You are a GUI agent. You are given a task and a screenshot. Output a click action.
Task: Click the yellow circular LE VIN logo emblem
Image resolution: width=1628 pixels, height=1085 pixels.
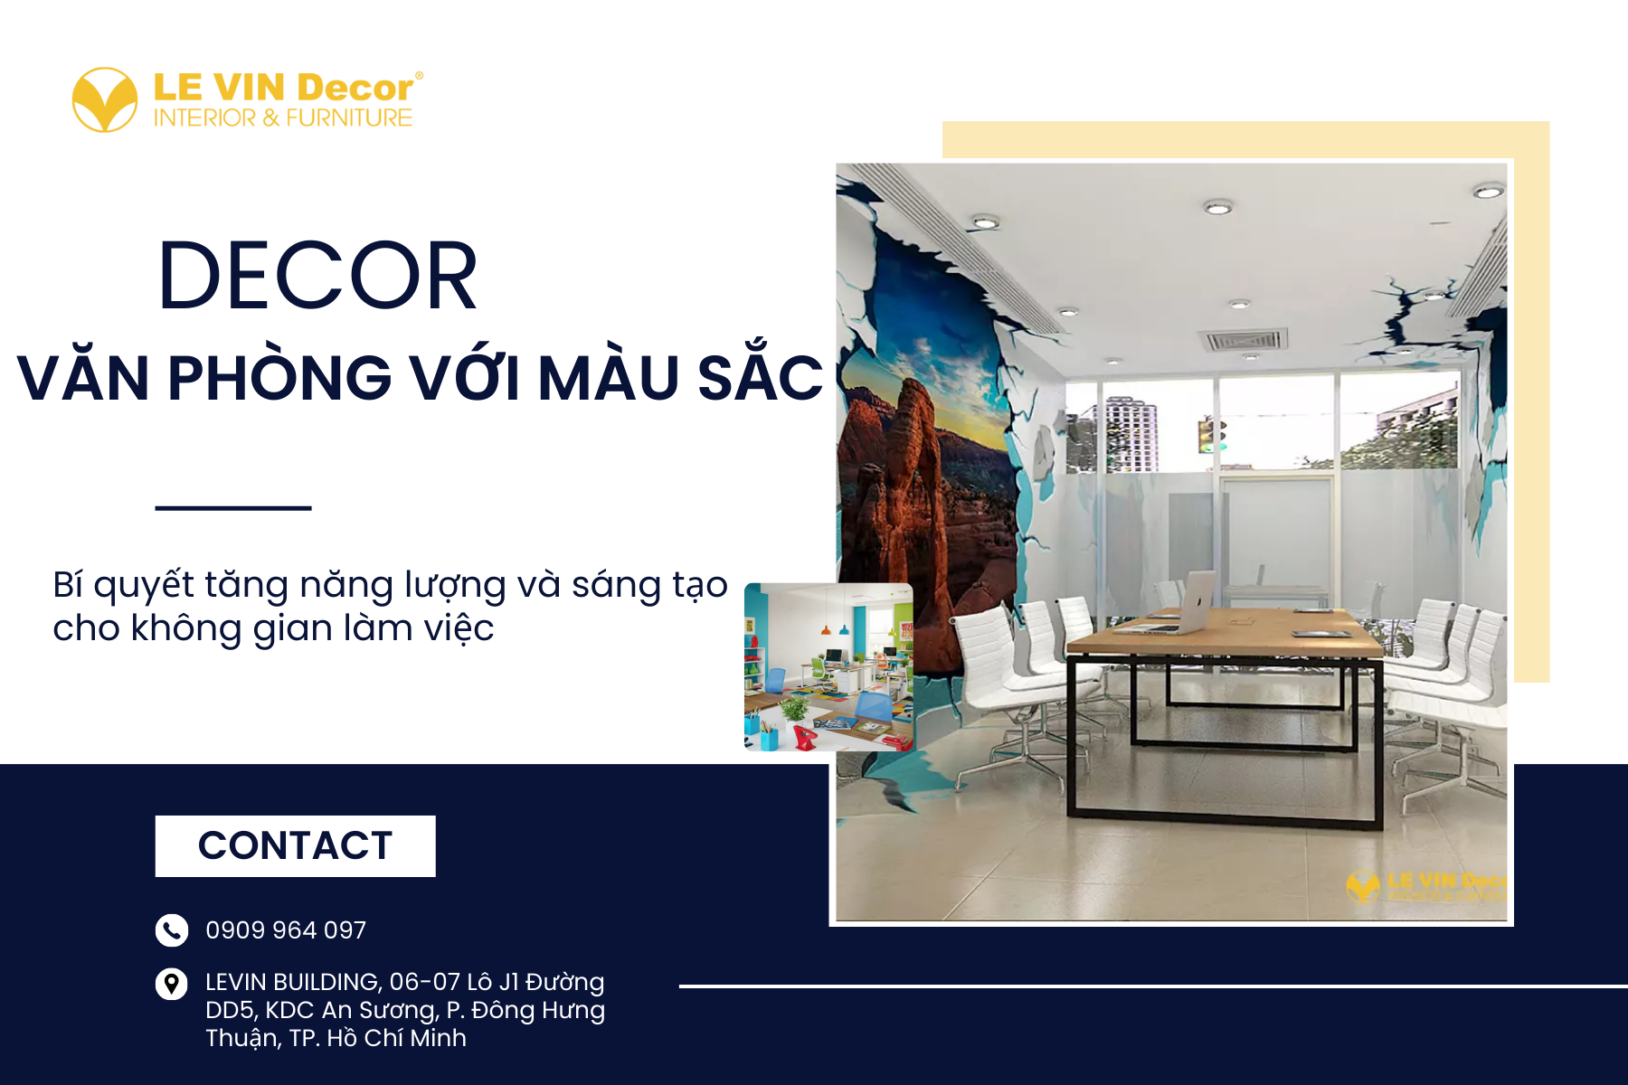[105, 99]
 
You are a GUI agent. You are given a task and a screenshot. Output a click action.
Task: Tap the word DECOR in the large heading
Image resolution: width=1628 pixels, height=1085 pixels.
[317, 277]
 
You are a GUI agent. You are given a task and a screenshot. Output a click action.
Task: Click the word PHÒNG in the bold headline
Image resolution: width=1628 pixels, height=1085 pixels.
[280, 378]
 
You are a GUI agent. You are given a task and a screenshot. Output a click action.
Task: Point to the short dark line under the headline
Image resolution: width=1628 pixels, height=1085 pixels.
[233, 508]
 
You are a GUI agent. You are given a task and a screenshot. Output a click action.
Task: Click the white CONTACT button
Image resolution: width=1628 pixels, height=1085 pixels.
[295, 845]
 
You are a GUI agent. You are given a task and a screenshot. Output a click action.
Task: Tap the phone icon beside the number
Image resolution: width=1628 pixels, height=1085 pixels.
[172, 929]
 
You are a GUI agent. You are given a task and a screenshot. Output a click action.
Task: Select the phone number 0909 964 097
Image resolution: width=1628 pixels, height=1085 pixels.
[286, 929]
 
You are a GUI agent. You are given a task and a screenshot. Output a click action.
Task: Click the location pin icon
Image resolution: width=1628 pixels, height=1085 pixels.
[172, 984]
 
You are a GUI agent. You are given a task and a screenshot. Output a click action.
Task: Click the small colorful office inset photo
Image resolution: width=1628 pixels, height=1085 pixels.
[828, 667]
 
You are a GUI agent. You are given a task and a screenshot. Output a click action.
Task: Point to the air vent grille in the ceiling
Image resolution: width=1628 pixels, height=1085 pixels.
[1243, 341]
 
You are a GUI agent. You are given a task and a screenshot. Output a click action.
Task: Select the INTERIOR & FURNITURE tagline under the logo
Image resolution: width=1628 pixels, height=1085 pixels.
[282, 118]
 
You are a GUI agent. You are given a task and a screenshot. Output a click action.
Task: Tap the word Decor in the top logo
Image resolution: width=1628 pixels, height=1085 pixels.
[355, 88]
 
